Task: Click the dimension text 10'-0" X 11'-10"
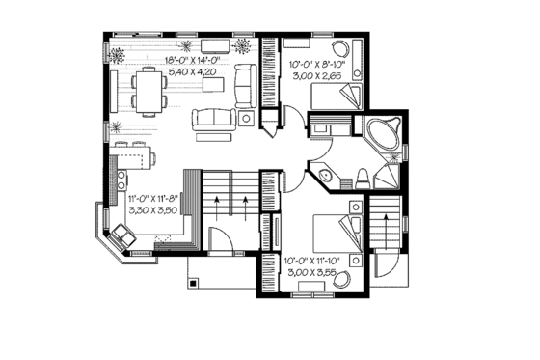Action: [312, 261]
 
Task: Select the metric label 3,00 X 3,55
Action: [310, 272]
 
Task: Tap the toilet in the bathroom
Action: [361, 177]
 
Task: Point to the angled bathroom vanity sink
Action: [325, 175]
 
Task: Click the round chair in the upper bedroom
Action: [338, 50]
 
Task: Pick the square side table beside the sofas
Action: [246, 118]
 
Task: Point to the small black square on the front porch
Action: [194, 284]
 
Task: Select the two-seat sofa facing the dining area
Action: [213, 120]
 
